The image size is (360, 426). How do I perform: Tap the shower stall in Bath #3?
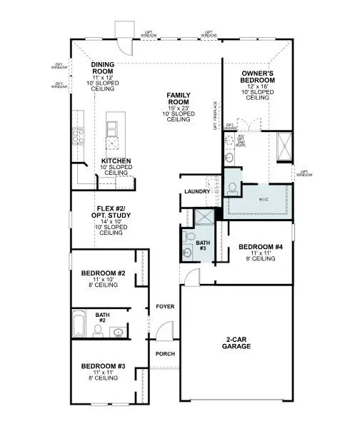click(x=204, y=218)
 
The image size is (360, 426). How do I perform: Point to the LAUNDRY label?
click(x=196, y=192)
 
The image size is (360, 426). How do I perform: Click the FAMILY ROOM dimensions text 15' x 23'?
click(x=178, y=107)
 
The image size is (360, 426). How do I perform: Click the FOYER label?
click(x=165, y=306)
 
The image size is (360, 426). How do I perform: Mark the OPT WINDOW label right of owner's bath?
click(x=306, y=173)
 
